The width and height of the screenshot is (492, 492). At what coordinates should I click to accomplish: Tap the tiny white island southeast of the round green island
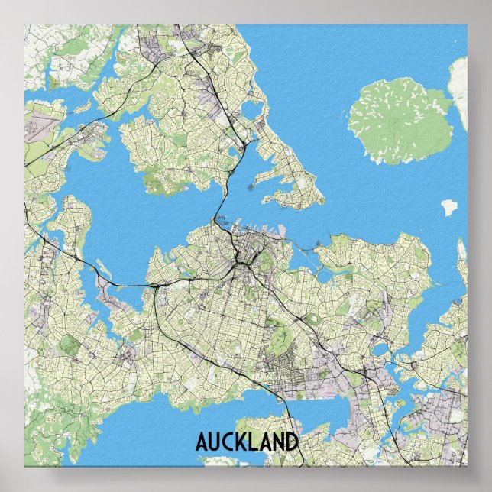(448, 206)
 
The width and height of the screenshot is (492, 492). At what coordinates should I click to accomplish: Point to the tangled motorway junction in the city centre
(244, 264)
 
